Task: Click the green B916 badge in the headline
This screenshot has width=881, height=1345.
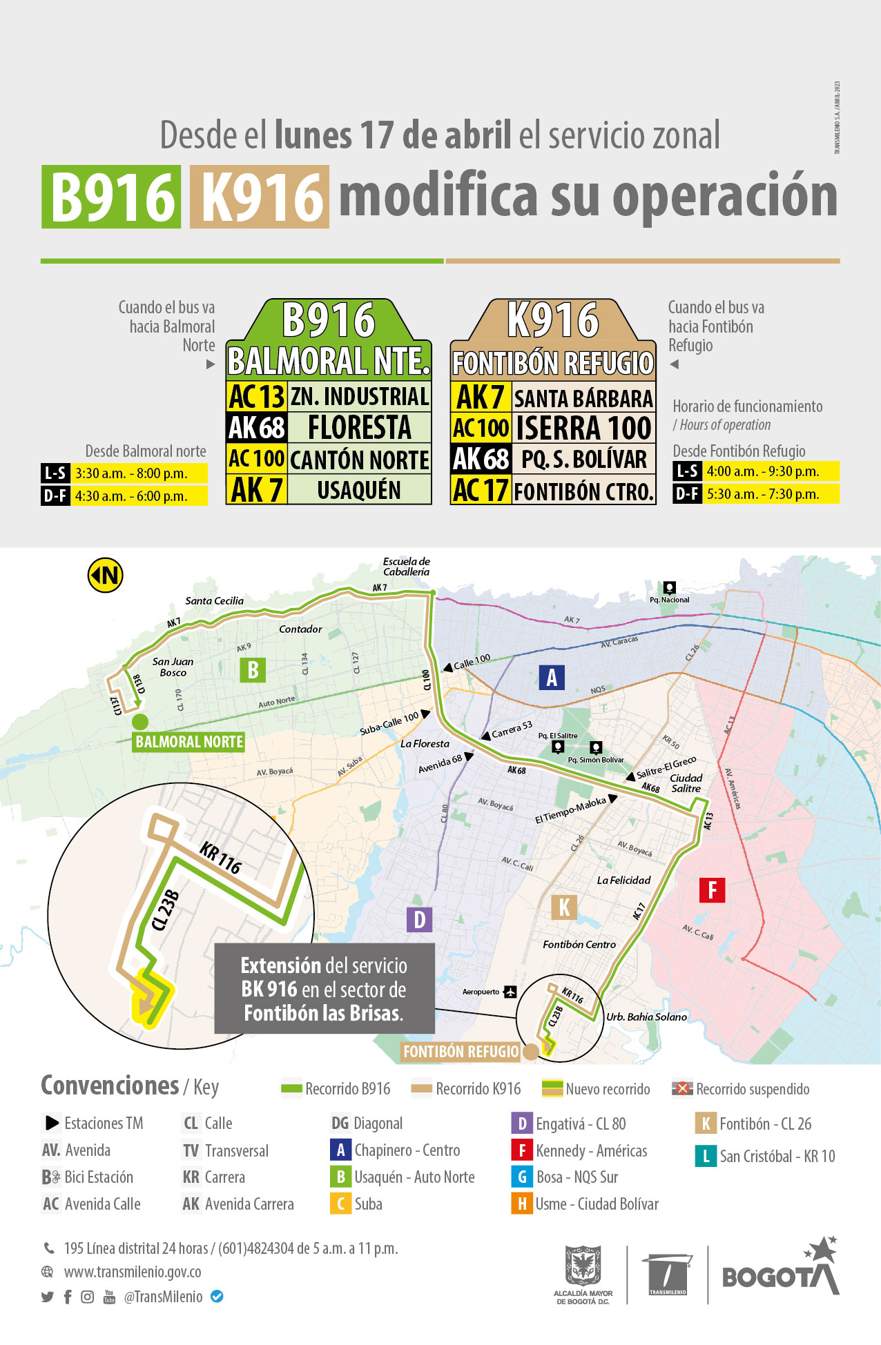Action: pyautogui.click(x=111, y=197)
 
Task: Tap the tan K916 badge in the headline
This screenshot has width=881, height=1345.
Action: pyautogui.click(x=260, y=197)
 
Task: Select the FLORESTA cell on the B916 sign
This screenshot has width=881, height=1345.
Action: pyautogui.click(x=359, y=427)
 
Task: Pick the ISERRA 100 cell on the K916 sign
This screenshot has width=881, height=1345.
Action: pyautogui.click(x=583, y=428)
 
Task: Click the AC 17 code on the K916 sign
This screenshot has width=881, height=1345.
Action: pyautogui.click(x=481, y=491)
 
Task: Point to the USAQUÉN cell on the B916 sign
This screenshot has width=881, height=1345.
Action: pyautogui.click(x=359, y=490)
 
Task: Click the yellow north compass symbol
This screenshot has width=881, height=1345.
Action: pyautogui.click(x=106, y=575)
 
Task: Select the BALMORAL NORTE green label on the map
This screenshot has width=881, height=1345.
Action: pyautogui.click(x=189, y=742)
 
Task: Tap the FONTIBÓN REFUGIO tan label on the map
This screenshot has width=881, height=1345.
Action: pyautogui.click(x=461, y=1052)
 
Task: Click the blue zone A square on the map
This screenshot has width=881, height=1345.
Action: pyautogui.click(x=552, y=678)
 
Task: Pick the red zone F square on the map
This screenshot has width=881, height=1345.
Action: pyautogui.click(x=712, y=890)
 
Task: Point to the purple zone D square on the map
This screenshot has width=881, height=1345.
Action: pyautogui.click(x=419, y=919)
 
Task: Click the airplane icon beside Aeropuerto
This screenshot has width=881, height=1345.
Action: pyautogui.click(x=510, y=992)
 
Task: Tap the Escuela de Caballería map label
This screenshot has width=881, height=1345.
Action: pyautogui.click(x=407, y=567)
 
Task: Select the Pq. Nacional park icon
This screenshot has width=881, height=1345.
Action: pyautogui.click(x=669, y=587)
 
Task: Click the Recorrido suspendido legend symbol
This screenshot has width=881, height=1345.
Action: pyautogui.click(x=682, y=1088)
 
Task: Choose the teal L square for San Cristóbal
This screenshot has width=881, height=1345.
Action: pyautogui.click(x=706, y=1156)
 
